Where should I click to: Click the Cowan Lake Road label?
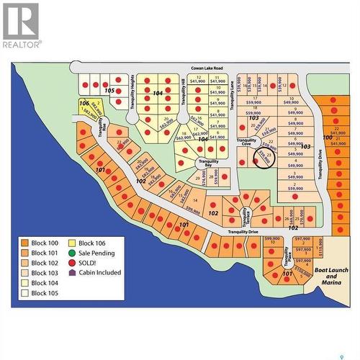[x=207, y=68]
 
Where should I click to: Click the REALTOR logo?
[x=22, y=24]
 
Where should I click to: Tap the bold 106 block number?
[x=84, y=103]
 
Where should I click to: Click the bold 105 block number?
[x=109, y=91]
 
